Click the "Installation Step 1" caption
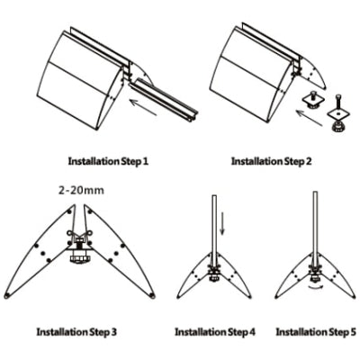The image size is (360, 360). pos(108,161)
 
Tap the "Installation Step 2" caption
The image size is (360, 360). pos(272,161)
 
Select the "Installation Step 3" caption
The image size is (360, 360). pos(76,332)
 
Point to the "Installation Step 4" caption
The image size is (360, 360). pos(215,332)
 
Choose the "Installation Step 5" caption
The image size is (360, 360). pos(316,332)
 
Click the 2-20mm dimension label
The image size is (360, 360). pos(81,190)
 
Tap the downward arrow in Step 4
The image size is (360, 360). pos(222,223)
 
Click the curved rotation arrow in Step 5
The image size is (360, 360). pos(315,287)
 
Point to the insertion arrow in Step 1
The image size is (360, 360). pos(143,107)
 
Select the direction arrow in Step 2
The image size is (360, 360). pos(310,118)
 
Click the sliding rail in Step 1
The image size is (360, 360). pos(164,99)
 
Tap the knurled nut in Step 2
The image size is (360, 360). pos(337,128)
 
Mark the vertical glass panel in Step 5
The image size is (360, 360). pos(315,227)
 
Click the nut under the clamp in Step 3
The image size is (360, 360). pos(79,258)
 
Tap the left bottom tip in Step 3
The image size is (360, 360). pos(7,296)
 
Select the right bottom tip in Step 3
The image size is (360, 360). pos(152,296)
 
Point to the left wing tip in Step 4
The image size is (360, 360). pos(178,297)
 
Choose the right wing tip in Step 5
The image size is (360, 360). pos(354,297)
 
